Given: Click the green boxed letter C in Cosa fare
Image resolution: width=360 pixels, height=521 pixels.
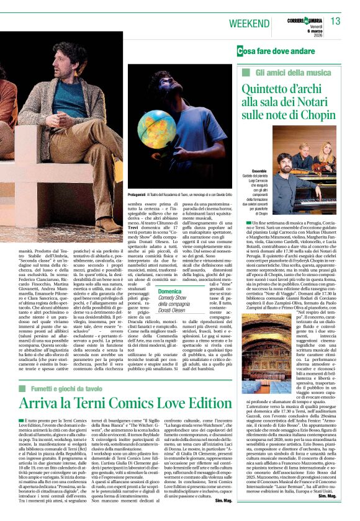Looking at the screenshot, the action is (241, 50).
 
